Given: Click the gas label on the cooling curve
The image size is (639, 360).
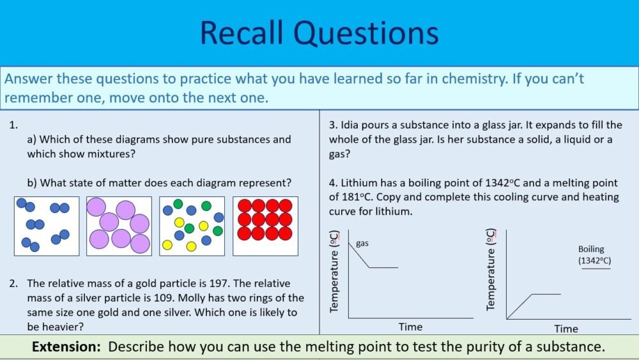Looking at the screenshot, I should coord(363,244).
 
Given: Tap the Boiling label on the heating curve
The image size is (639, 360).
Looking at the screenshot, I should coord(591,249).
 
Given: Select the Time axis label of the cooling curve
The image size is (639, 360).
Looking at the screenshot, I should coord(410,327).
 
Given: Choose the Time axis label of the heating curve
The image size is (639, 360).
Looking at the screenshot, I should coord(566,329).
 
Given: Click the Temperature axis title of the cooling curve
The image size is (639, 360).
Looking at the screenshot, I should coord(334,271).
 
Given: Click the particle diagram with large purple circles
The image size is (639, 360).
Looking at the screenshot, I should coord(119,226).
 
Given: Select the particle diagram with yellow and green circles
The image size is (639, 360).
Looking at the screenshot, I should coord(192,226).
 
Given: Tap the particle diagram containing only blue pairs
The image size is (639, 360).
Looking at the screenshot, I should coord(47,226).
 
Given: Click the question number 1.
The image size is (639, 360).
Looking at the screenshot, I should coord(13,125).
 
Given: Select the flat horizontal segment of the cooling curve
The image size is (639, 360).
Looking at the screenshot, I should coord(383,267).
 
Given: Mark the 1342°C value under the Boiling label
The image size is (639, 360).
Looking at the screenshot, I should coord(595,261).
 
